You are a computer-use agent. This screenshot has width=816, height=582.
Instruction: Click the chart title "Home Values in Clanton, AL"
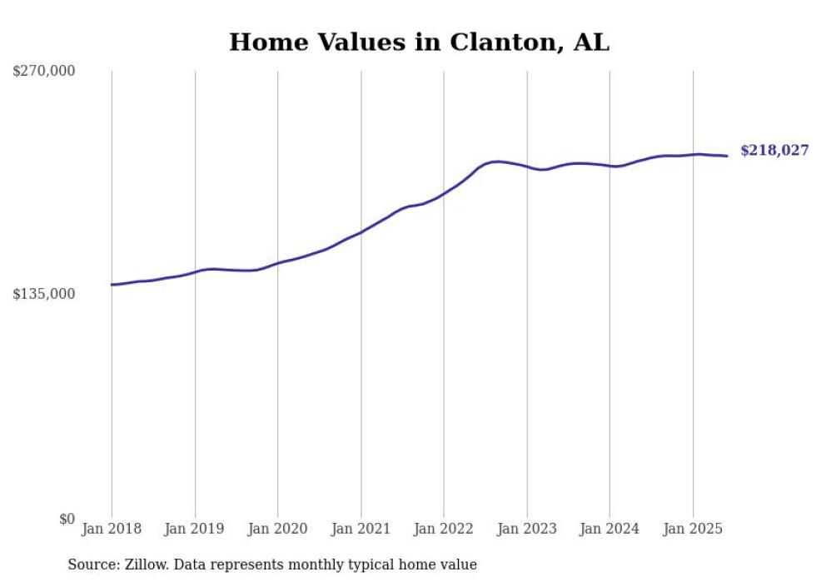pyautogui.click(x=419, y=42)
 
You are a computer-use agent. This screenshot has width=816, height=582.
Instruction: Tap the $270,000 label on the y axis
pyautogui.click(x=44, y=72)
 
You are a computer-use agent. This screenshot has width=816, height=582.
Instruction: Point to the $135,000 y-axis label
pyautogui.click(x=44, y=294)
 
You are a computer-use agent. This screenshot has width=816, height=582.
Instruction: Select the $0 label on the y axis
pyautogui.click(x=67, y=519)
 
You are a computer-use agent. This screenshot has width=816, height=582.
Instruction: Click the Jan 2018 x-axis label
pyautogui.click(x=112, y=529)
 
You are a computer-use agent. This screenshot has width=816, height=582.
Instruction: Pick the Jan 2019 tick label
pyautogui.click(x=195, y=529)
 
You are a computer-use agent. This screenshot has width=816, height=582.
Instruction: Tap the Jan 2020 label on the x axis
pyautogui.click(x=277, y=529)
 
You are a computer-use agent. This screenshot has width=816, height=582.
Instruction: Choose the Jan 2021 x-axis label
pyautogui.click(x=361, y=529)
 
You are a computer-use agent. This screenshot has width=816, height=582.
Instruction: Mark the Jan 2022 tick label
pyautogui.click(x=444, y=529)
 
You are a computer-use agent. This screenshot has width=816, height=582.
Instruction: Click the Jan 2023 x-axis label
pyautogui.click(x=526, y=529)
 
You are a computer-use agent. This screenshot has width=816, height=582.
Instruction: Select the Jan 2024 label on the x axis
pyautogui.click(x=610, y=529)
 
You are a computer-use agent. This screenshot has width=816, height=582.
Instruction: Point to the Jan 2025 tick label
pyautogui.click(x=693, y=529)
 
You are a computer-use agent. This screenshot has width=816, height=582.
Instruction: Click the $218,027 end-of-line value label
pyautogui.click(x=774, y=151)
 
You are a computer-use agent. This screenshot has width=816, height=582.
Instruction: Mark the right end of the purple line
pyautogui.click(x=728, y=156)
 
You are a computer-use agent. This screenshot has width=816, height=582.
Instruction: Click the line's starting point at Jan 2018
pyautogui.click(x=112, y=285)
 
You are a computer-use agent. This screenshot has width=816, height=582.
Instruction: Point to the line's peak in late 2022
pyautogui.click(x=497, y=162)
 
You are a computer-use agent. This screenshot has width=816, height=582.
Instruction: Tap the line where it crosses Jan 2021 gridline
pyautogui.click(x=361, y=232)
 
